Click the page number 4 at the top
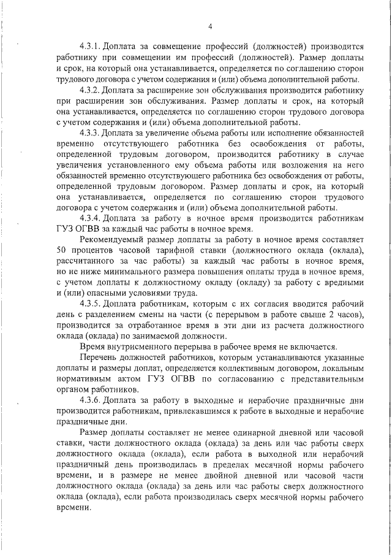pos(209,26)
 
